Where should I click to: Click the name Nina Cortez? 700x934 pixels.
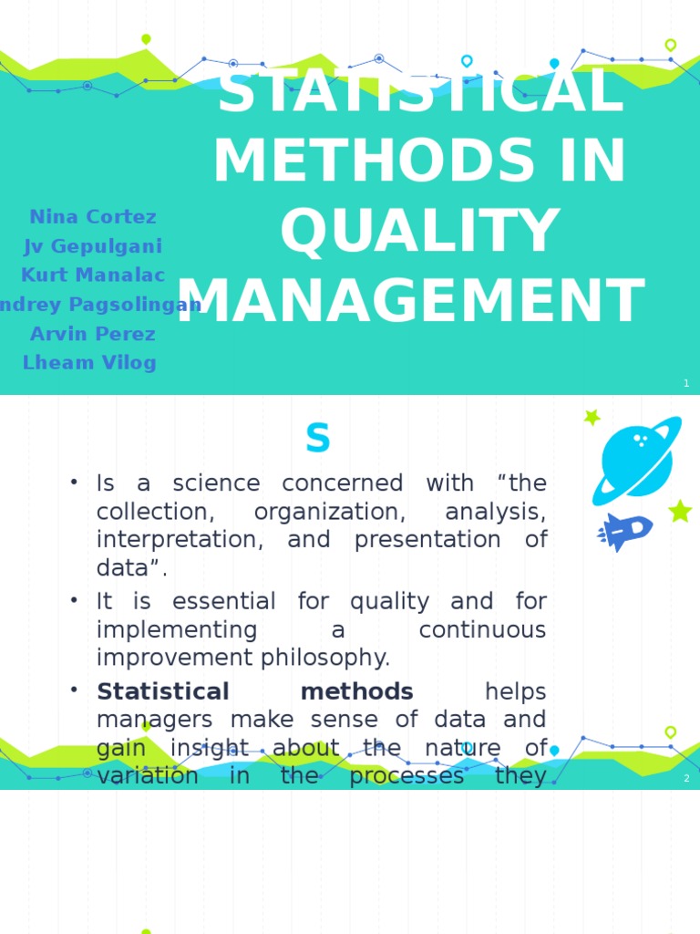tap(92, 217)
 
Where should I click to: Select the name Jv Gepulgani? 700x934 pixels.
tap(93, 246)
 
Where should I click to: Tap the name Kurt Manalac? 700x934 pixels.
tap(93, 275)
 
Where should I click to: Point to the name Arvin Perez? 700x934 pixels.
tap(92, 334)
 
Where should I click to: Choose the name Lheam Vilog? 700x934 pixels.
tap(89, 363)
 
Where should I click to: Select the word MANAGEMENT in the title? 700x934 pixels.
tap(410, 302)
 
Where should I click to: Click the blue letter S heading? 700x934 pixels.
tap(317, 440)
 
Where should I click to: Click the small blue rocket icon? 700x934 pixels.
tap(626, 531)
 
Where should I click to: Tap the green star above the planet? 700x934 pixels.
tap(592, 418)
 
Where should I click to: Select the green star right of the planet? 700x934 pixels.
tap(680, 511)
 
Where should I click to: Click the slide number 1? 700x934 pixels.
tap(686, 384)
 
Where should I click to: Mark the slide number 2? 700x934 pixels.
tap(686, 778)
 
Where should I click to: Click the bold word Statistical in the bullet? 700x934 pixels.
tap(163, 691)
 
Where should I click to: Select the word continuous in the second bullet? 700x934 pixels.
tap(482, 630)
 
